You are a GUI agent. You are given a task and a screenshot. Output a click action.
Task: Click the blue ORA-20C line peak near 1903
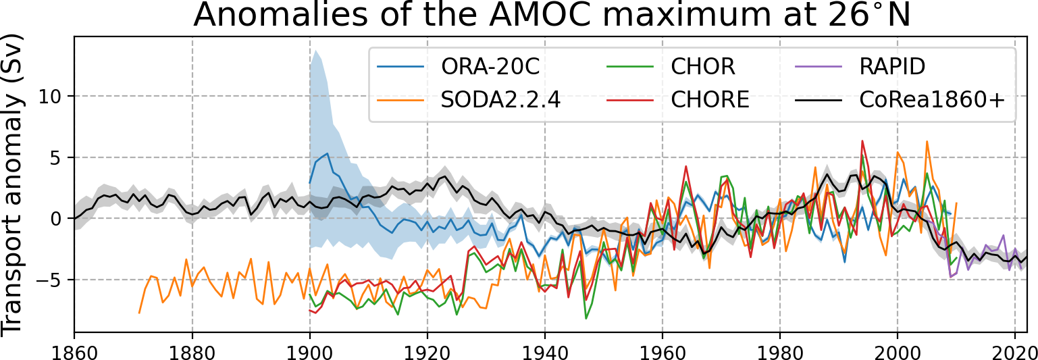pyautogui.click(x=328, y=153)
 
